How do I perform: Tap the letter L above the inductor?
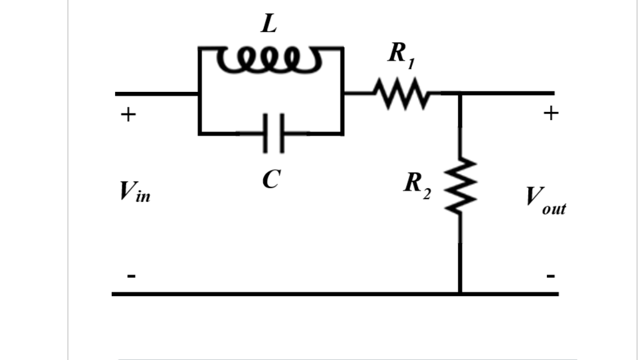269,25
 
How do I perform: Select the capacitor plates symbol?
273,132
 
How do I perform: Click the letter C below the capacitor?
270,180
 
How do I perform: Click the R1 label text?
401,54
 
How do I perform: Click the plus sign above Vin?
127,115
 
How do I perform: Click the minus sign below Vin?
130,276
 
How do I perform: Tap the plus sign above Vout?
550,113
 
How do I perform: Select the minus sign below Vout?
551,275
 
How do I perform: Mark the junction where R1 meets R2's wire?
461,94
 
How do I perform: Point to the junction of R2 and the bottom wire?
461,292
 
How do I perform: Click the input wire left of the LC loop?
156,94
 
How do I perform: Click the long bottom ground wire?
281,293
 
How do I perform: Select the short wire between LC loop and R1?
357,94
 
